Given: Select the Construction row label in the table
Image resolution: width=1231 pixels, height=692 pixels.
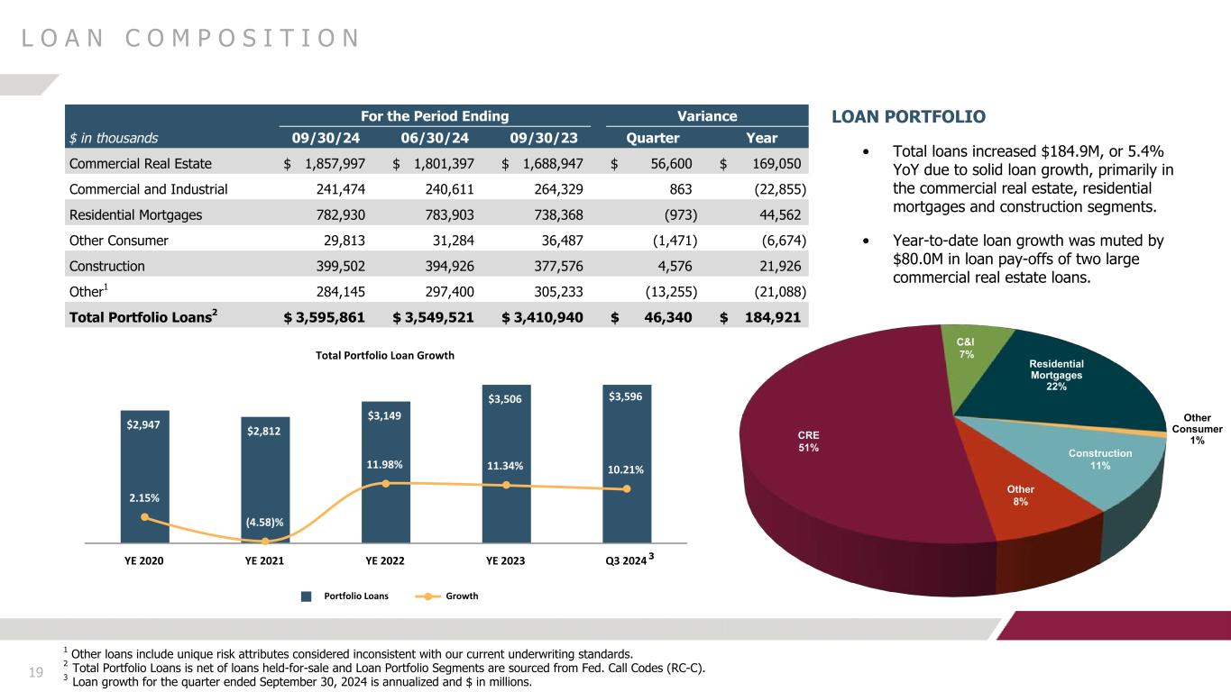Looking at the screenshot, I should point(106,266).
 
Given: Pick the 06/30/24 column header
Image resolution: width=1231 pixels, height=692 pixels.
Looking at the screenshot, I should point(436,139).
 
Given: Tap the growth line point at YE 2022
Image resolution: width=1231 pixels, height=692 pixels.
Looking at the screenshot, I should point(386,484).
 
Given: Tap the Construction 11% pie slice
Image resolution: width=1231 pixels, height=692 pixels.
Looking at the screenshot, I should point(1096,464).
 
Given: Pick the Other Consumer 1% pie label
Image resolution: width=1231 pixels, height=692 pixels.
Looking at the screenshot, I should point(1197,429).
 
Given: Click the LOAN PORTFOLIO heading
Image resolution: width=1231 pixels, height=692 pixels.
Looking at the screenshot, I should point(908,117).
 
